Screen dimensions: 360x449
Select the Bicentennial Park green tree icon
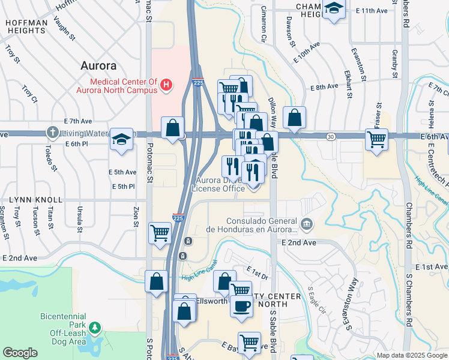click(94, 327)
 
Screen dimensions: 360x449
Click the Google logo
click(20, 353)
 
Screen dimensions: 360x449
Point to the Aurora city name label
click(98, 66)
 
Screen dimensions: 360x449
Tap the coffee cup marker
click(241, 305)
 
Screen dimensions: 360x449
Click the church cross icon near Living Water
click(53, 133)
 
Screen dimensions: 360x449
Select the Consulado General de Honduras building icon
click(307, 224)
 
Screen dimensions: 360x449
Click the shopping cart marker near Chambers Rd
click(376, 139)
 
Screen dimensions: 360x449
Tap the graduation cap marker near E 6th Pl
click(121, 140)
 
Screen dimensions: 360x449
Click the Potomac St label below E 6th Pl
click(149, 172)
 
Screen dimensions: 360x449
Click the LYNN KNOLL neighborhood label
click(35, 199)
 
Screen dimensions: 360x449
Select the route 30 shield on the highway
click(331, 137)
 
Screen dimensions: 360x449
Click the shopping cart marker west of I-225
click(160, 232)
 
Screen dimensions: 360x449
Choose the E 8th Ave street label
click(325, 87)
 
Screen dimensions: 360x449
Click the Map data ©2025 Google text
click(411, 355)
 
